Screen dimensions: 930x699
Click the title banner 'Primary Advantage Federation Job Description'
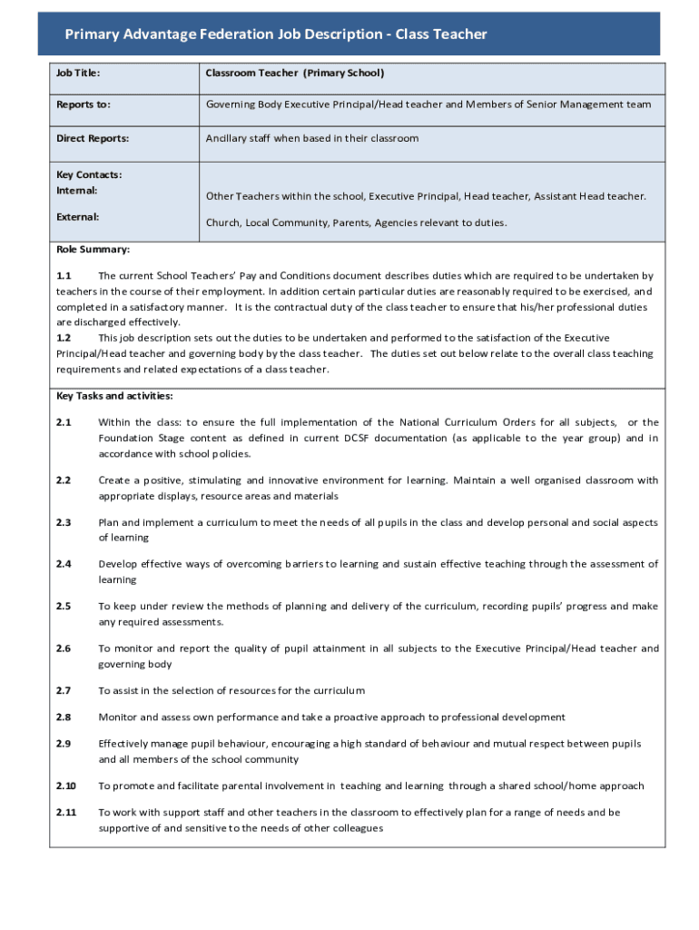pyautogui.click(x=276, y=35)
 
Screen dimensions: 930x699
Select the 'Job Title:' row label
pyautogui.click(x=78, y=73)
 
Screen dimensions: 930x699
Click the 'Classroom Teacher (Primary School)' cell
pyautogui.click(x=295, y=73)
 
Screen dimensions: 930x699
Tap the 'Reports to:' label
pyautogui.click(x=84, y=104)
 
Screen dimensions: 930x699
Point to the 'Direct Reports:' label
pyautogui.click(x=93, y=139)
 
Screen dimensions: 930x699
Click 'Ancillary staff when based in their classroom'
pyautogui.click(x=312, y=139)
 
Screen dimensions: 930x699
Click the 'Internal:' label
pyautogui.click(x=77, y=191)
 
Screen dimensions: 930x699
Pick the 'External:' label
pyautogui.click(x=78, y=217)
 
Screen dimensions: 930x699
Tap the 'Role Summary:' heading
pyautogui.click(x=93, y=249)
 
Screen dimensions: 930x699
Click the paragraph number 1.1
pyautogui.click(x=64, y=275)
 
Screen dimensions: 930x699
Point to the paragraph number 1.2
pyautogui.click(x=64, y=338)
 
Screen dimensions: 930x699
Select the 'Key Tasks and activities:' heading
pyautogui.click(x=114, y=396)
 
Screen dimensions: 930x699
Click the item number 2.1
pyautogui.click(x=64, y=422)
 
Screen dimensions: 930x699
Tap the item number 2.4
pyautogui.click(x=64, y=564)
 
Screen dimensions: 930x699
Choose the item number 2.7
pyautogui.click(x=64, y=691)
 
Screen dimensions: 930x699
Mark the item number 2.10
pyautogui.click(x=66, y=787)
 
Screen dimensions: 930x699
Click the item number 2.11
pyautogui.click(x=66, y=813)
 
